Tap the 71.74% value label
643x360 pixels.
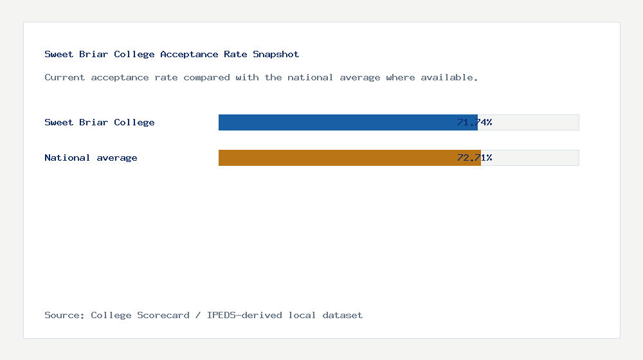point(475,122)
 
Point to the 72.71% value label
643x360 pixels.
point(475,157)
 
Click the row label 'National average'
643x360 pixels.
point(91,157)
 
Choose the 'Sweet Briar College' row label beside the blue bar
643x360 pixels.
point(100,122)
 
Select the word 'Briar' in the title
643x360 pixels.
point(94,54)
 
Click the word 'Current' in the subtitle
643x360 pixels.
point(65,77)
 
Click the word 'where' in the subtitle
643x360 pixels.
point(401,77)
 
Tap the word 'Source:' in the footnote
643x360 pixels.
point(65,315)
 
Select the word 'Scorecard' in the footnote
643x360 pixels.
point(163,315)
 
